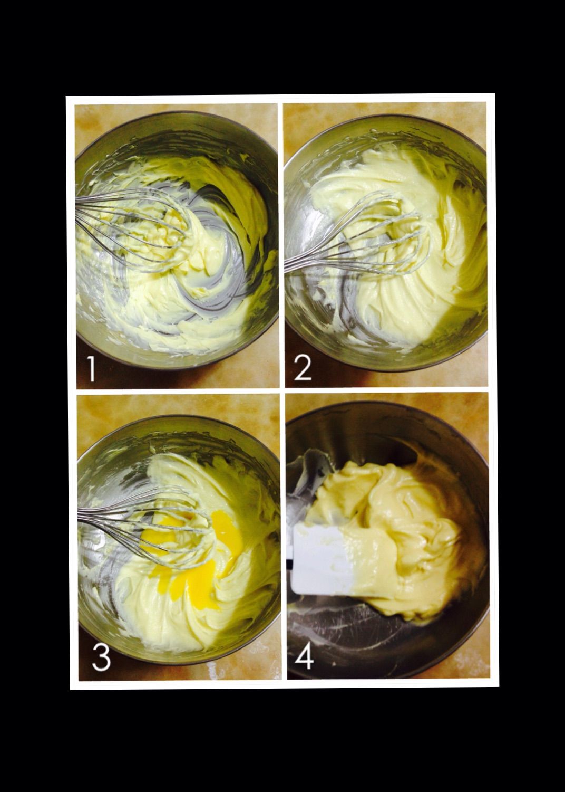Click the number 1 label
tap(91, 369)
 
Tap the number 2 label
tap(303, 368)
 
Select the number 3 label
tap(101, 657)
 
